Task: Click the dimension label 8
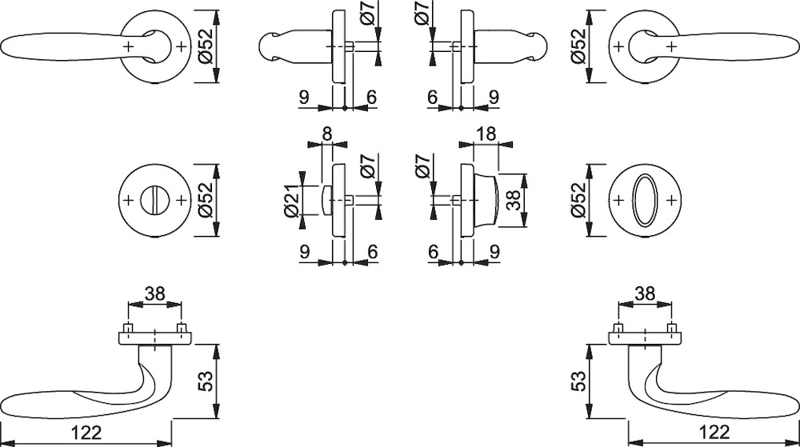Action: click(327, 134)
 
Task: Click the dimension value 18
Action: click(486, 134)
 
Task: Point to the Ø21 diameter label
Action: click(291, 199)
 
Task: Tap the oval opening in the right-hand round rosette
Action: click(645, 200)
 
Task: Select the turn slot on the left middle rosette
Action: click(155, 200)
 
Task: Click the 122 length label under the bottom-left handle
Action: click(86, 433)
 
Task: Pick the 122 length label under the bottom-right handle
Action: click(714, 433)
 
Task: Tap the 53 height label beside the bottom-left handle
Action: click(205, 381)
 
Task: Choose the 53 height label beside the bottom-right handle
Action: click(578, 381)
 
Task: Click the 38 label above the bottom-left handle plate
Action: click(155, 293)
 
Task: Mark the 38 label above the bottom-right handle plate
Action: click(645, 293)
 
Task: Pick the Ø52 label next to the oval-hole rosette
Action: click(578, 200)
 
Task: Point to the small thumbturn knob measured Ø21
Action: click(327, 200)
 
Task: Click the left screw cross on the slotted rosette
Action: click(128, 200)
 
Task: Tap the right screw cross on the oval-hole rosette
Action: click(672, 200)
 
